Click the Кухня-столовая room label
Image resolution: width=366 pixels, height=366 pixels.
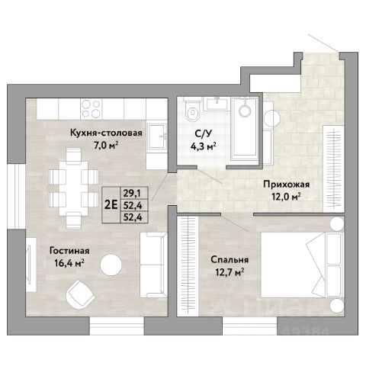tap(106, 133)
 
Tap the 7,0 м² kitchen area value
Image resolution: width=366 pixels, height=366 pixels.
tap(106, 146)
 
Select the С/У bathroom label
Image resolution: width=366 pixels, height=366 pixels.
tap(203, 134)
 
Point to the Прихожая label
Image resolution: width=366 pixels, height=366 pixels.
tap(287, 185)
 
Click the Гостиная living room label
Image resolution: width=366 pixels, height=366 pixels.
tap(69, 251)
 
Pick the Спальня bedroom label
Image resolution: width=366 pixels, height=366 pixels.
tap(230, 260)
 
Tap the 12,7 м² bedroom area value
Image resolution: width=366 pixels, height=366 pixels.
tap(230, 272)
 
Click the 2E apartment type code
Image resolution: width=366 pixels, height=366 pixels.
tap(111, 205)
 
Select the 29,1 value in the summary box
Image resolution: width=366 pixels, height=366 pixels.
tap(132, 194)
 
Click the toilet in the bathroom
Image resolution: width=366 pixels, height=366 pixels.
tap(193, 111)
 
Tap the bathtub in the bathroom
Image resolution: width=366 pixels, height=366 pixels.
tap(245, 129)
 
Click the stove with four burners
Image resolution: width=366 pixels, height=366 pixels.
tap(91, 109)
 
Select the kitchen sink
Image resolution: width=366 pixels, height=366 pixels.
tap(157, 136)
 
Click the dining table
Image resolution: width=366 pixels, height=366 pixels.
tap(73, 188)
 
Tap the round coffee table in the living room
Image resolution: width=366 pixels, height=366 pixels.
tap(111, 265)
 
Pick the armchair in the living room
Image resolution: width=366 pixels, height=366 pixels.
tap(80, 294)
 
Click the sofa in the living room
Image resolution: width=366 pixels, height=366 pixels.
tap(153, 265)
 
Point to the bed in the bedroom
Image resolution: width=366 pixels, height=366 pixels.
tap(302, 265)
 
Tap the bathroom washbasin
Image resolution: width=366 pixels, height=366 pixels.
tap(217, 104)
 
